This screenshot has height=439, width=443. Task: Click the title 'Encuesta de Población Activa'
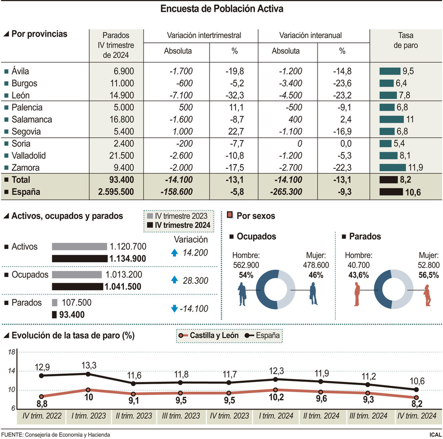221,9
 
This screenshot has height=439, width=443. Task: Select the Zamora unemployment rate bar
392,167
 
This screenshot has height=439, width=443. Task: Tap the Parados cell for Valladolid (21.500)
117,155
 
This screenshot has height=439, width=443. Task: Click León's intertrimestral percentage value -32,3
234,95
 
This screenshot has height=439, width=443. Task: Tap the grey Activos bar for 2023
79,247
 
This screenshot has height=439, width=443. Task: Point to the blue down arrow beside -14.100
174,309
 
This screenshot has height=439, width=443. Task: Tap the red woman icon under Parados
427,295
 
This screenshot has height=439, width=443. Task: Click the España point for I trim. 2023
88,374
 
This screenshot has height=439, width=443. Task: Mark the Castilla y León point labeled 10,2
276,390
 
